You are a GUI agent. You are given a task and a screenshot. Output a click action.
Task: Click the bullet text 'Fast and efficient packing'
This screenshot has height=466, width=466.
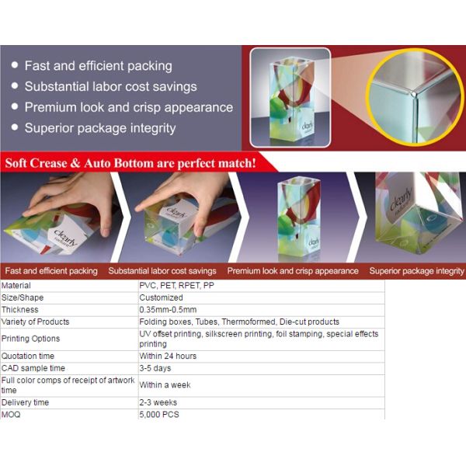pyautogui.click(x=98, y=66)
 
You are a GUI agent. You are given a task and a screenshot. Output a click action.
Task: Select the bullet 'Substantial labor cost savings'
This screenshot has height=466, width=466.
pyautogui.click(x=110, y=87)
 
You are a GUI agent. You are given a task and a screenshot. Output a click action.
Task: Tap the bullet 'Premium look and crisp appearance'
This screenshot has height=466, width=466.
pyautogui.click(x=128, y=107)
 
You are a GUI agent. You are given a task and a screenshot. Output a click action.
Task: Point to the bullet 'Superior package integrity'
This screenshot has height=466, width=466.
pyautogui.click(x=100, y=128)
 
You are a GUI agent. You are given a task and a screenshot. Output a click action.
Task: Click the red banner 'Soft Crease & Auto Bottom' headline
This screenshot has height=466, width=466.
pyautogui.click(x=130, y=163)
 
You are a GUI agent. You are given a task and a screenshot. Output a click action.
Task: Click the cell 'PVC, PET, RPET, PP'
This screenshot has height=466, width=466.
pyautogui.click(x=176, y=286)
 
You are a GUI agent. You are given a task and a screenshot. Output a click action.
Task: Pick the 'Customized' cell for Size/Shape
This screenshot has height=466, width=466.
pyautogui.click(x=161, y=297)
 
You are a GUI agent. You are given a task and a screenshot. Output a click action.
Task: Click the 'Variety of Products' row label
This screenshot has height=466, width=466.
pyautogui.click(x=35, y=322)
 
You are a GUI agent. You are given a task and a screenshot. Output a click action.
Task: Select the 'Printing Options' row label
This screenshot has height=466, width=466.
pyautogui.click(x=30, y=339)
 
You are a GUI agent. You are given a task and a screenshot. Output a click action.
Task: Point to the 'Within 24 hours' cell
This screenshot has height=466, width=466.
pyautogui.click(x=168, y=356)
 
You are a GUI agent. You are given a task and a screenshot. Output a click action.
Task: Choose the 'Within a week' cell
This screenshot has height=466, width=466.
pyautogui.click(x=165, y=385)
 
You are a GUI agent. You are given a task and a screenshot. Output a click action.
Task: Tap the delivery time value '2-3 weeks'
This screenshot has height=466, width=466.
pyautogui.click(x=158, y=403)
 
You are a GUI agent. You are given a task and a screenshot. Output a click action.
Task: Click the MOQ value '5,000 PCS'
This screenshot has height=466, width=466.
pyautogui.click(x=158, y=415)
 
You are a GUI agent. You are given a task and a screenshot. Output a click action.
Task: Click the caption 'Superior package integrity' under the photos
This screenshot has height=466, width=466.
pyautogui.click(x=416, y=271)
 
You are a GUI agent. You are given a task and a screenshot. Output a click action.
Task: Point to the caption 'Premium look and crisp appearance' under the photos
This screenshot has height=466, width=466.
pyautogui.click(x=293, y=271)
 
